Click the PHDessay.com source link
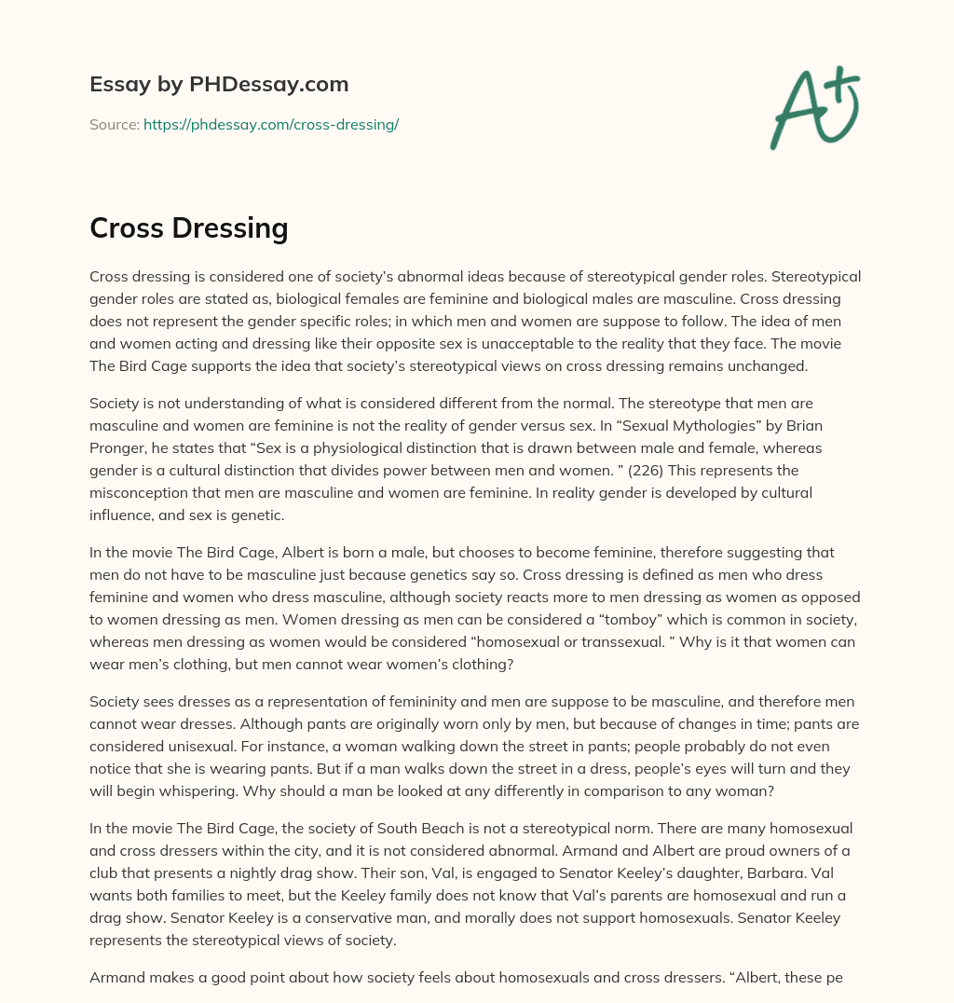coord(271,124)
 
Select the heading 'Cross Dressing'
coord(188,227)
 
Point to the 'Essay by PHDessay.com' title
coord(219,84)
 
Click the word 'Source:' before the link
coord(114,124)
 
